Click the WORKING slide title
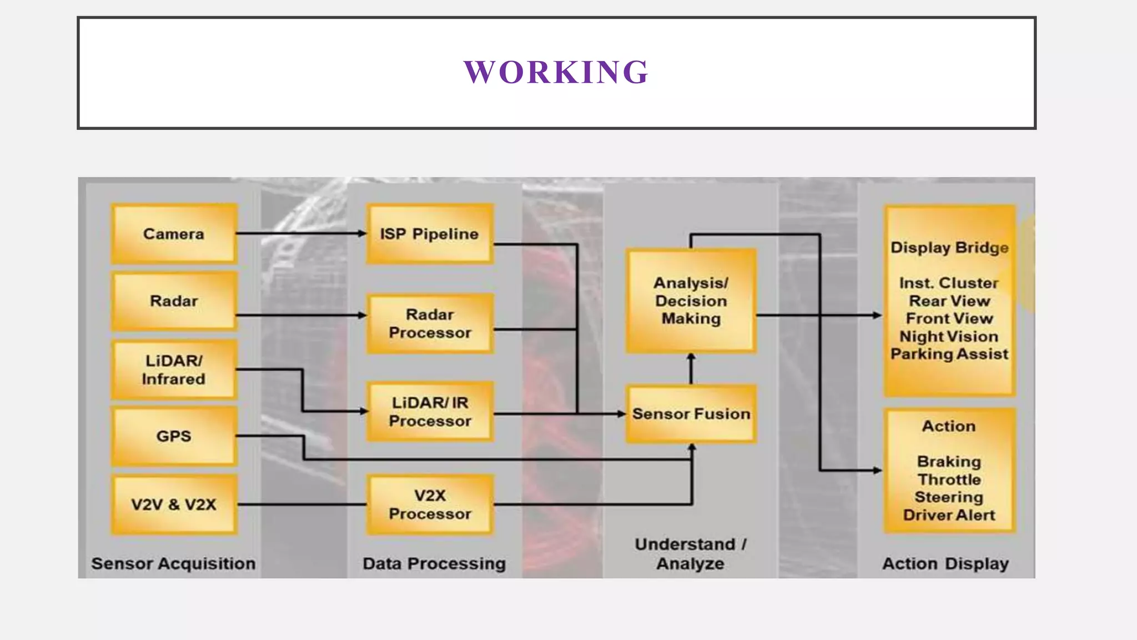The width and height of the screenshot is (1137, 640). (556, 72)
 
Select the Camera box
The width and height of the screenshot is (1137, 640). (174, 234)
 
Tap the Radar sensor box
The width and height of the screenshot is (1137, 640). (174, 301)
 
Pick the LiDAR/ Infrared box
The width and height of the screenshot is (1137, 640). (174, 369)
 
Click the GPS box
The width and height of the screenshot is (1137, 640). (174, 436)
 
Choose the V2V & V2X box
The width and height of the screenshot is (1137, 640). (174, 504)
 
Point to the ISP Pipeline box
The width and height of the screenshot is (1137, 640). (429, 234)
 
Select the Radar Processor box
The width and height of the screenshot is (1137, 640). (430, 323)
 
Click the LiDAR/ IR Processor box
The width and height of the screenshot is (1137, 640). (430, 412)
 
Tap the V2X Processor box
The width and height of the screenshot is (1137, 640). (430, 504)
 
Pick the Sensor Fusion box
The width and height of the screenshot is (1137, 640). (691, 414)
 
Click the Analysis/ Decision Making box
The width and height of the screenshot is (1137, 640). (691, 301)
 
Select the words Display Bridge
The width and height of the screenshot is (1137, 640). (949, 248)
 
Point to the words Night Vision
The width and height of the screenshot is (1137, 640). (949, 337)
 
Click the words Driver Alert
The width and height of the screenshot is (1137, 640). (949, 515)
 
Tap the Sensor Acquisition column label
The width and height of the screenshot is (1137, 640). (173, 563)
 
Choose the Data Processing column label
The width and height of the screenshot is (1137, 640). (434, 563)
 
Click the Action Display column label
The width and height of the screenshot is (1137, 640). (945, 563)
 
